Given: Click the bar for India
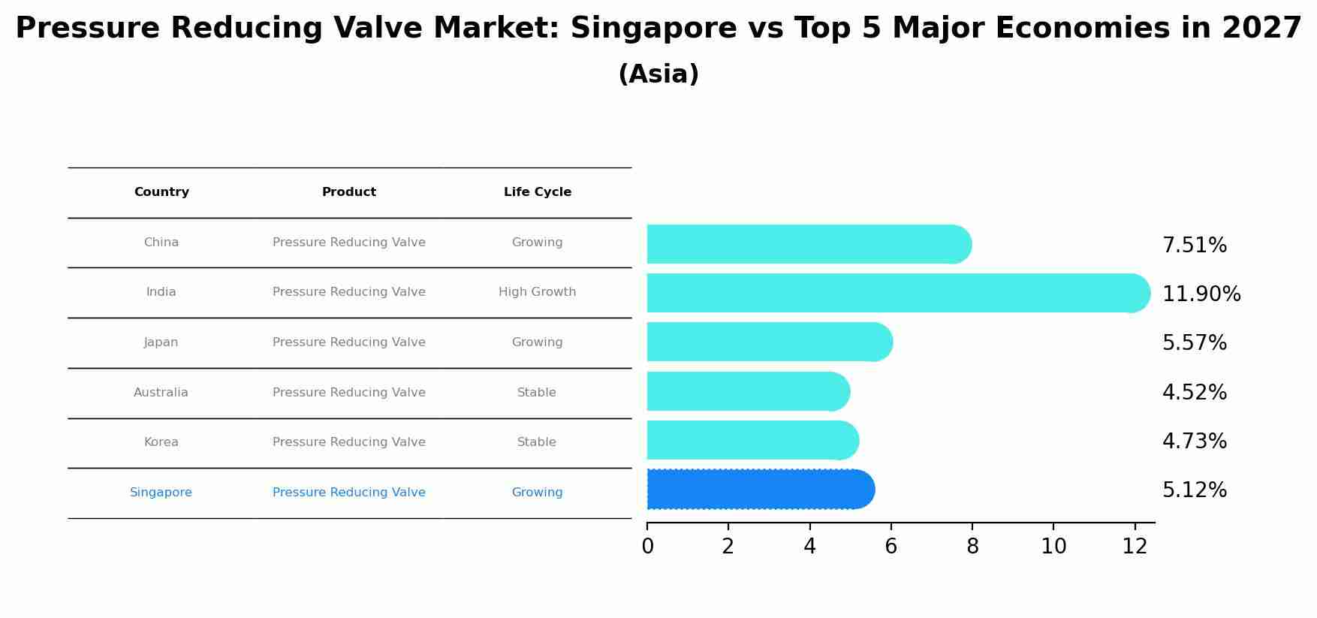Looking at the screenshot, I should tap(897, 293).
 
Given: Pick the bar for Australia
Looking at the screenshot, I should tap(748, 391).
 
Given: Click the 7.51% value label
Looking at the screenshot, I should tap(1194, 246).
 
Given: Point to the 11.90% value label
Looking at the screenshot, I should tap(1201, 294).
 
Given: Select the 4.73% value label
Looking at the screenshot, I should tap(1194, 442).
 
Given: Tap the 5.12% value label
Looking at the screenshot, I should tap(1194, 490).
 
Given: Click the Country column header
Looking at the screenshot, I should tap(161, 192).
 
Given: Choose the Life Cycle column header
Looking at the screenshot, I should tap(537, 192).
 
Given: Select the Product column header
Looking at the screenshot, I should tap(349, 192).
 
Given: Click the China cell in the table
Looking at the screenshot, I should tap(161, 243).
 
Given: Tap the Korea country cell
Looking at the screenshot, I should tap(161, 442).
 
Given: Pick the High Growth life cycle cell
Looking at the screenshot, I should tap(537, 292).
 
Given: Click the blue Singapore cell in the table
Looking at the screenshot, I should tap(161, 493).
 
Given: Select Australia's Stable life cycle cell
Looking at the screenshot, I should tap(537, 393).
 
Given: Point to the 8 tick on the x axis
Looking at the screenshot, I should tap(972, 547).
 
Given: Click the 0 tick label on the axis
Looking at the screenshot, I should tap(647, 547).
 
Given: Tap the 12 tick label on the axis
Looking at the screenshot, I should tap(1135, 547).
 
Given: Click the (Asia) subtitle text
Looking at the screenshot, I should tap(658, 74).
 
